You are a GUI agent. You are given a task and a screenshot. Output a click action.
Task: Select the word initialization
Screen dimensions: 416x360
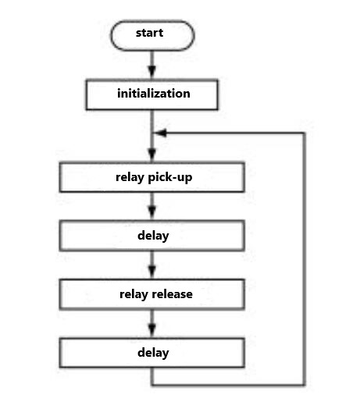(x=153, y=94)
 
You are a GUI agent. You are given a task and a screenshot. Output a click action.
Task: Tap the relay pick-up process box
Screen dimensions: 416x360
(x=152, y=177)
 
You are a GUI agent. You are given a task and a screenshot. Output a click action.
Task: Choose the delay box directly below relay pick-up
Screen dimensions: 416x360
(x=152, y=236)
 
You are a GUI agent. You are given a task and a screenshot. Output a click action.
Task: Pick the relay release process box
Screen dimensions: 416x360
(x=152, y=294)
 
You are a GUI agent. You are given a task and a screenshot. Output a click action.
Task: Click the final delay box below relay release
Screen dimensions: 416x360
(x=152, y=353)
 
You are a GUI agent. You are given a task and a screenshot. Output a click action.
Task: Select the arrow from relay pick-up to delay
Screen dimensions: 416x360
(x=152, y=207)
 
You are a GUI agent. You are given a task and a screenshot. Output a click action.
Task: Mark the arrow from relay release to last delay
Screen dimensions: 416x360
(x=152, y=324)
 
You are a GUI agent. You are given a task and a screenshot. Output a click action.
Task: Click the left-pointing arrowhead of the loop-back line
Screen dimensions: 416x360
(x=159, y=133)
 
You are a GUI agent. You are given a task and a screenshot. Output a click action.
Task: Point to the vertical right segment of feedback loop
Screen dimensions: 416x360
(x=303, y=258)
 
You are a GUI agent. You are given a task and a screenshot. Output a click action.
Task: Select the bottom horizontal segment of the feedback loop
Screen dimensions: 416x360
(x=226, y=385)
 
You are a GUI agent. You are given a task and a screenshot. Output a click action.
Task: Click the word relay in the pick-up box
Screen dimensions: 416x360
(x=130, y=177)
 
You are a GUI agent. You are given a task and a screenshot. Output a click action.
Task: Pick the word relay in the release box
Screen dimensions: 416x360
(x=134, y=294)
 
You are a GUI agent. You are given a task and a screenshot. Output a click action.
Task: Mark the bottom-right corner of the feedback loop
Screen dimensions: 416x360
(x=303, y=385)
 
